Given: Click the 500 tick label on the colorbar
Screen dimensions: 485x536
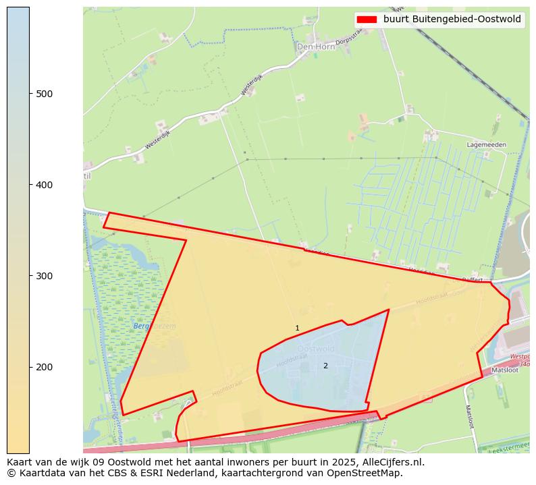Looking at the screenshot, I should (45, 93).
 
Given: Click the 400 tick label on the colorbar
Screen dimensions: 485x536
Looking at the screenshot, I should (45, 184).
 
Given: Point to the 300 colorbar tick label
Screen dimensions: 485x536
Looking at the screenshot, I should (45, 276).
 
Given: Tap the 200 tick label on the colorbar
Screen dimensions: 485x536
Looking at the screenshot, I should (45, 367).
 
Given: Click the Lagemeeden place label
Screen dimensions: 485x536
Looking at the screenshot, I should (486, 145).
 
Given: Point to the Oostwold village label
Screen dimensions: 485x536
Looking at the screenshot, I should (316, 349).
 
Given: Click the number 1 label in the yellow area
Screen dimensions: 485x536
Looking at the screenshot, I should (297, 329).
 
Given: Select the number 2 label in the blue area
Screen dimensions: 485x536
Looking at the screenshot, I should (325, 366).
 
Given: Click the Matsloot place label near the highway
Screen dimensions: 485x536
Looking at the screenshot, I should (504, 370).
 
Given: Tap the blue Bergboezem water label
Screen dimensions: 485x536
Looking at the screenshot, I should (155, 326).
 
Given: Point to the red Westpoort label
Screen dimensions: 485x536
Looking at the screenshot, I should (519, 356).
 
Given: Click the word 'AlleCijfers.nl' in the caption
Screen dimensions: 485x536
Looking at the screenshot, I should (392, 462).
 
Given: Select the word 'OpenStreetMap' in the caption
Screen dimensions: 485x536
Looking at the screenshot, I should (368, 473).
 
